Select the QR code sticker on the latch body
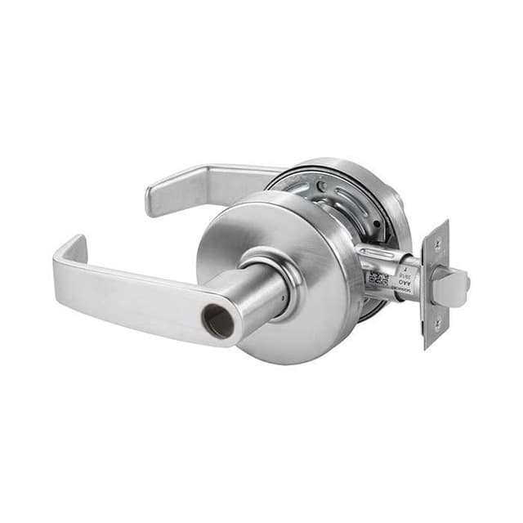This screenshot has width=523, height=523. (x=378, y=276)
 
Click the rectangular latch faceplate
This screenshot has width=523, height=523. (x=436, y=284)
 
